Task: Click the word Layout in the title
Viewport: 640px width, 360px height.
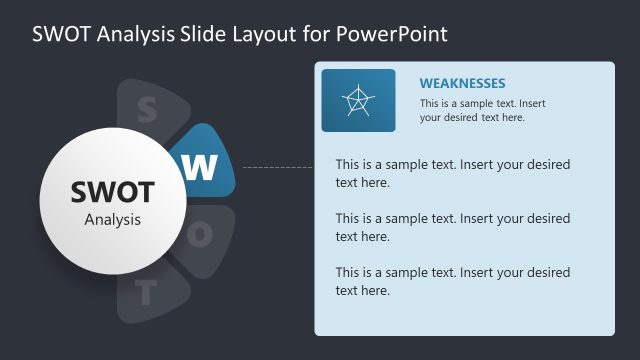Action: [x=267, y=33]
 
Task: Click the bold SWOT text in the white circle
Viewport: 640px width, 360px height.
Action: [x=112, y=192]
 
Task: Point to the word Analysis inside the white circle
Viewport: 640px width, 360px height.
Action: [x=112, y=219]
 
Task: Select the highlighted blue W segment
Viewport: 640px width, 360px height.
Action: [x=207, y=162]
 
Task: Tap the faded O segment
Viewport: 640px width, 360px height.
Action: [x=205, y=236]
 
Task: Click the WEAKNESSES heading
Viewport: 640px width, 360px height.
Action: [x=462, y=83]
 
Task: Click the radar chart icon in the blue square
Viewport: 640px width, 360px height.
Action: [x=358, y=100]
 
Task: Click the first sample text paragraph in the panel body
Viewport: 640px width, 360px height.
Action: [x=452, y=173]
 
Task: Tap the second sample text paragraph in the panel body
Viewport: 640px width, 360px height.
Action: [x=452, y=227]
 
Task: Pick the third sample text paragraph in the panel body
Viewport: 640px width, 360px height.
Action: [x=452, y=281]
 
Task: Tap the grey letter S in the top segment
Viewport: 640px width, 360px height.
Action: [x=146, y=109]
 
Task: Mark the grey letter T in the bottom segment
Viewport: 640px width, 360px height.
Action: [x=147, y=293]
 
